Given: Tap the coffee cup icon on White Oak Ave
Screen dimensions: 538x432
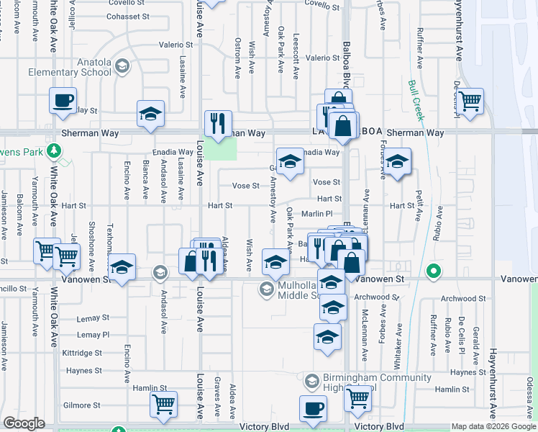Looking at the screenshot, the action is (x=63, y=100).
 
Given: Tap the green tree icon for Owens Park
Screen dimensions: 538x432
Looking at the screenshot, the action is (x=53, y=150).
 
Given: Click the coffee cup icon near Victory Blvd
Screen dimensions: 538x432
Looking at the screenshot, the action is (x=312, y=408).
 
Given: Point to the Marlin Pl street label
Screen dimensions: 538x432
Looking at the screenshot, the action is (x=316, y=213).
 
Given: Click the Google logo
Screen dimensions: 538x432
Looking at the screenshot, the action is (x=24, y=423).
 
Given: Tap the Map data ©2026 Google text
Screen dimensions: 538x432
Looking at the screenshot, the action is (x=493, y=426).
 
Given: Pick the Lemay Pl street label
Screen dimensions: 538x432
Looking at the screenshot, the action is (x=93, y=335).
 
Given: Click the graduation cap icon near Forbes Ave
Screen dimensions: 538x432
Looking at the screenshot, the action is (x=396, y=161).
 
